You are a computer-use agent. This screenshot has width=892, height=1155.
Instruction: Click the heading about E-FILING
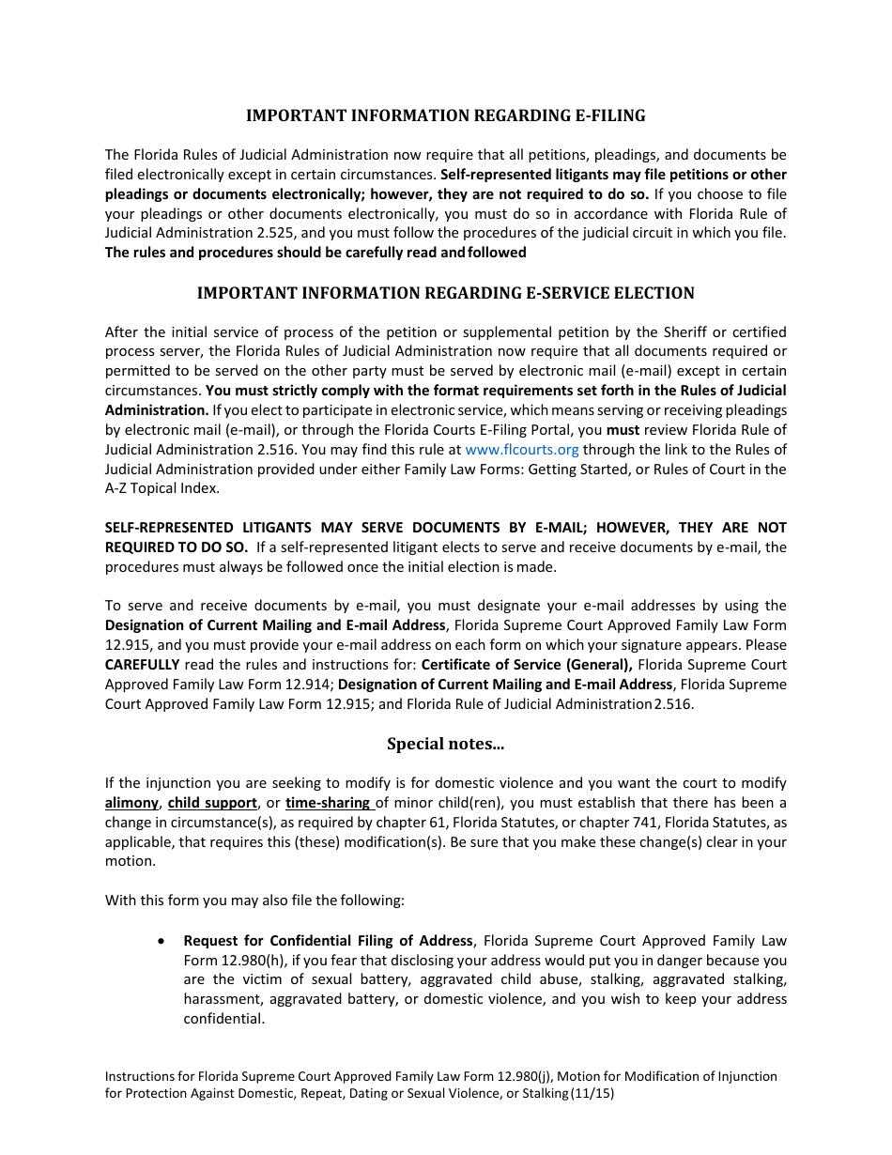tap(445, 115)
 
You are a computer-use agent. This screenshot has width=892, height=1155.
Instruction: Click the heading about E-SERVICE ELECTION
tap(445, 293)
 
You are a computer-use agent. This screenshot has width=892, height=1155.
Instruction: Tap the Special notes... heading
tap(445, 744)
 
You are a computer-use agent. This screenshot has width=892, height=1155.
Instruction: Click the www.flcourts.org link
tap(522, 450)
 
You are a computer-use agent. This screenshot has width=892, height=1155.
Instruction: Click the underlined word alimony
tap(131, 803)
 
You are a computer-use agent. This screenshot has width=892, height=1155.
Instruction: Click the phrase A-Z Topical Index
tap(161, 488)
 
